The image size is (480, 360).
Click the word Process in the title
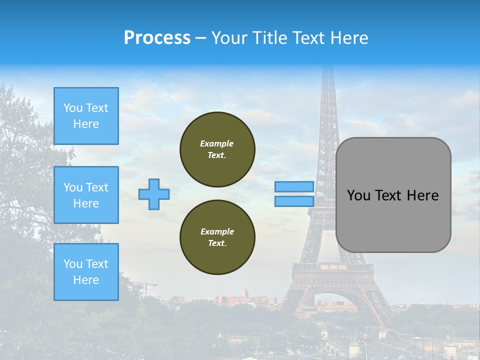click(157, 38)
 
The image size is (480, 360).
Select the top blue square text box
click(86, 116)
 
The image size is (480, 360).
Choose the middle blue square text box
click(86, 195)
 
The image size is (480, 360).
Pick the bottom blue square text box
click(86, 272)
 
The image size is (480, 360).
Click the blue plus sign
click(154, 194)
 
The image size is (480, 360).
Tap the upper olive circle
click(217, 149)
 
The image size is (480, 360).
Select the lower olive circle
click(217, 237)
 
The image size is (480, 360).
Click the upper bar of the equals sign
click(294, 187)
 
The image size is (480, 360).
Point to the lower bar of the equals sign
click(294, 201)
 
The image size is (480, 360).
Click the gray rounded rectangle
click(393, 220)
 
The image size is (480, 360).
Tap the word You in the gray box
click(358, 195)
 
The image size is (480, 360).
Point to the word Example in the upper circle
click(216, 143)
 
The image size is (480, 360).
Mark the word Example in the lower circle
click(217, 231)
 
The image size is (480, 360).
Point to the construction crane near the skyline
click(145, 286)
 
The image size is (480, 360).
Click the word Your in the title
click(229, 38)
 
